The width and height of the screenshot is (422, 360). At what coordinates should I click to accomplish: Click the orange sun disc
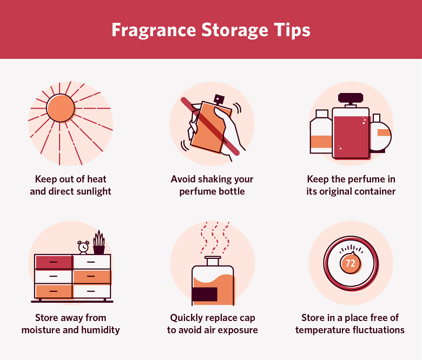(61, 109)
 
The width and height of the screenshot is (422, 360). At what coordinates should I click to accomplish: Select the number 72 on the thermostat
(350, 263)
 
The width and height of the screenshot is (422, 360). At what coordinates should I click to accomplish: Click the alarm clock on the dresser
(83, 247)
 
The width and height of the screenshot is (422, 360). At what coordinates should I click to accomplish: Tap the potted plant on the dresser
(99, 243)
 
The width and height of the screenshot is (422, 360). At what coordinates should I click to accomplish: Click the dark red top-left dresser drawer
(54, 262)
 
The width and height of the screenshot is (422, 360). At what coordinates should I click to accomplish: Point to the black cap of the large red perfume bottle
(351, 99)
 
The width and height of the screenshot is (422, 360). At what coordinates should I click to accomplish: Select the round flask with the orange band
(380, 134)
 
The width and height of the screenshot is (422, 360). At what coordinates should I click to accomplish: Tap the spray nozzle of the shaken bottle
(219, 99)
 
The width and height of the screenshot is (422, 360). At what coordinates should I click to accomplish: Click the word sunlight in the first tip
(93, 191)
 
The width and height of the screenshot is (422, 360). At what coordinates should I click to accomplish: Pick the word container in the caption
(374, 191)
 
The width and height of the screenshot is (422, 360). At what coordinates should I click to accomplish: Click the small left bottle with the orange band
(321, 134)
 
